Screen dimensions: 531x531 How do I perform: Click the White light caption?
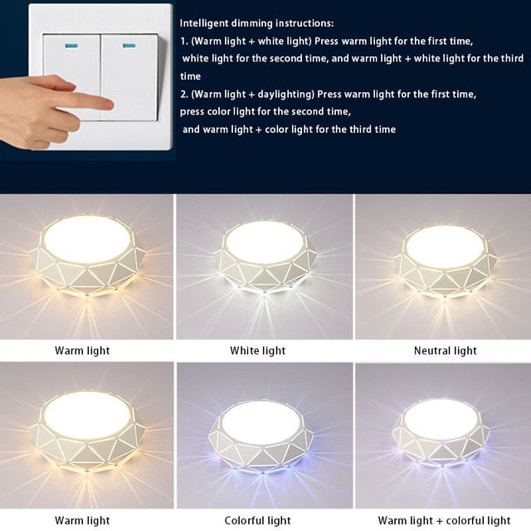[257, 351]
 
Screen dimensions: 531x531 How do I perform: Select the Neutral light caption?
[445, 351]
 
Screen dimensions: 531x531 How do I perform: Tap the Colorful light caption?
[257, 521]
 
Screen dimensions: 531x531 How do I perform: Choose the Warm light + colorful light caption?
[444, 521]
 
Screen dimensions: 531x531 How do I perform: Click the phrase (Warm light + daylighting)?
[246, 94]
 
